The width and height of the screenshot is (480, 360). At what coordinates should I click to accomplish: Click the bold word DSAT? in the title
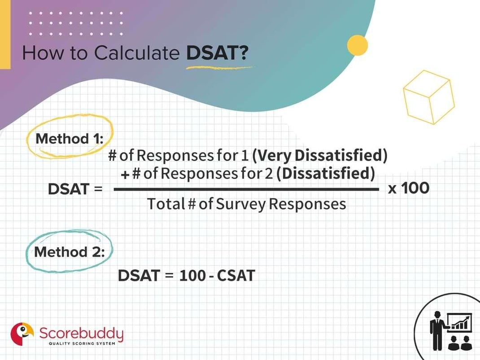click(217, 53)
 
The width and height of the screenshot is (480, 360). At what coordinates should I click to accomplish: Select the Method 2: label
click(69, 252)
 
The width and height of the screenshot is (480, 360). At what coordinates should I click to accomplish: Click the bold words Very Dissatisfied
click(319, 155)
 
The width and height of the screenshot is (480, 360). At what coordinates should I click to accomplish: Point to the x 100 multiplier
click(408, 188)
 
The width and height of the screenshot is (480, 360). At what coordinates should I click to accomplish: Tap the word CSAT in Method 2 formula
click(236, 275)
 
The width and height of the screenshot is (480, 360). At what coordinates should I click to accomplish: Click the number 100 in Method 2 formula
click(192, 275)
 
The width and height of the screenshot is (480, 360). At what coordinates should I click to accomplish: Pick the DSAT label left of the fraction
click(69, 189)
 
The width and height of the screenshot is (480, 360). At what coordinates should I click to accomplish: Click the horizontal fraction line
click(247, 190)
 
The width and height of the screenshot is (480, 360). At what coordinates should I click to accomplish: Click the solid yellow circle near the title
click(358, 45)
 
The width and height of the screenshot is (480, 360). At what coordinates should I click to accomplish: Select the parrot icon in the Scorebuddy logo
click(22, 334)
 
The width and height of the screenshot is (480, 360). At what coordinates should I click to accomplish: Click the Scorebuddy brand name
click(81, 333)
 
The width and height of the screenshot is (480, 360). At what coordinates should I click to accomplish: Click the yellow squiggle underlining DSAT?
click(219, 68)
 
